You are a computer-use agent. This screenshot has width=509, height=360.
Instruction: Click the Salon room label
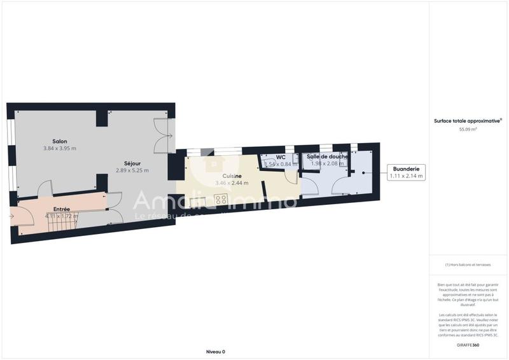click(x=60, y=141)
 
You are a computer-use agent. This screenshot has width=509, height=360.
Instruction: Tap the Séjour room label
click(x=132, y=163)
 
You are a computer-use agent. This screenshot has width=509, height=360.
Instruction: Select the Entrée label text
click(x=62, y=209)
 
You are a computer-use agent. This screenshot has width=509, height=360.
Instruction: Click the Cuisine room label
click(x=232, y=176)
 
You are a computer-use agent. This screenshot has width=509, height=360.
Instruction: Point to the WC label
click(x=281, y=156)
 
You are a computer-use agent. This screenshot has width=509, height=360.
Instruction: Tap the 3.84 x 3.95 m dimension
click(x=60, y=149)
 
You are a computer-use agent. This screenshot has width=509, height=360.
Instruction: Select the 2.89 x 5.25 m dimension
click(x=132, y=170)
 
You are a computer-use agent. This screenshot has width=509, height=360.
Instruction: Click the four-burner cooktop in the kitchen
click(x=221, y=200)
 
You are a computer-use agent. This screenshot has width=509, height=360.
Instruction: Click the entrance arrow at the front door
click(x=12, y=216)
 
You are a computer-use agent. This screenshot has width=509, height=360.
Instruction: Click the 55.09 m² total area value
click(x=468, y=129)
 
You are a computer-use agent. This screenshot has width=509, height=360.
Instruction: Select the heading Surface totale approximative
click(x=468, y=120)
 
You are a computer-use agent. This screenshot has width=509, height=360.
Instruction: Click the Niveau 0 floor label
click(x=216, y=352)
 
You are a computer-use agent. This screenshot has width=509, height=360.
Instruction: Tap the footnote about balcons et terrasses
click(x=468, y=265)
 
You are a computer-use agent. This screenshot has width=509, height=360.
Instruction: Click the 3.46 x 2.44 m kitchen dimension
click(x=232, y=183)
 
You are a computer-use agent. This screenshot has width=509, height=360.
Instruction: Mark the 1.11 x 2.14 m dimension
click(x=406, y=176)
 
